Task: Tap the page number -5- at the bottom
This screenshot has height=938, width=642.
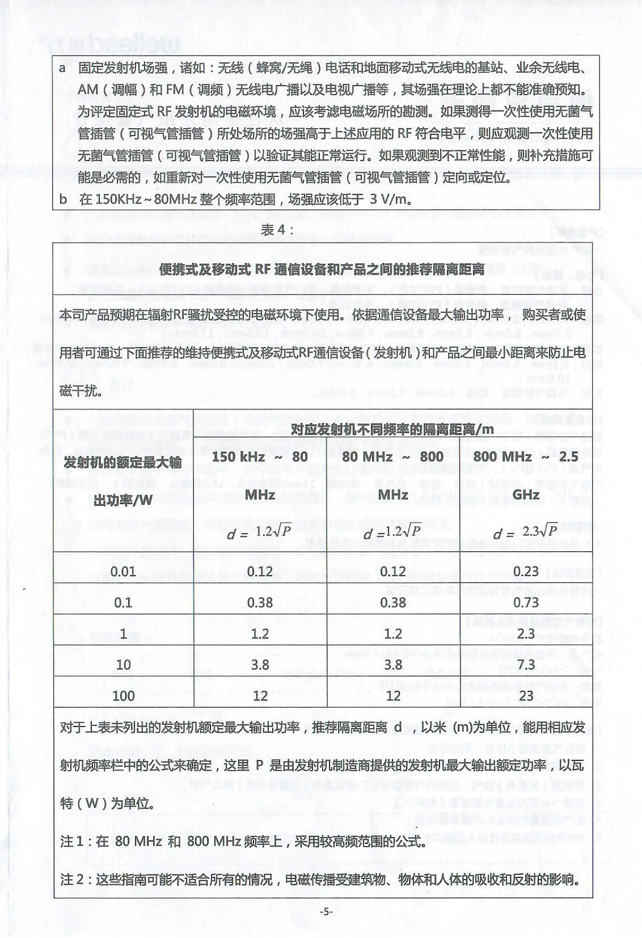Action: click(x=326, y=912)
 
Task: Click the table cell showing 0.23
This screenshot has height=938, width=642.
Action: click(x=526, y=571)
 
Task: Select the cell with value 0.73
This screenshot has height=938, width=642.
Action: click(x=526, y=602)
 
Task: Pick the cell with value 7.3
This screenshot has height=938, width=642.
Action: click(x=526, y=664)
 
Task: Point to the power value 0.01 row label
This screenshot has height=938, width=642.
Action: click(x=123, y=571)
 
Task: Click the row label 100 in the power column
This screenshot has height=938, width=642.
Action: click(x=123, y=695)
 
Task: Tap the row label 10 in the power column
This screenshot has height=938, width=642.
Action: click(x=123, y=664)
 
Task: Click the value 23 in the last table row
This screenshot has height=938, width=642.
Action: click(x=526, y=695)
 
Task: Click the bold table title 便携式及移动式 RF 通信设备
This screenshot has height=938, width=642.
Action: click(x=322, y=269)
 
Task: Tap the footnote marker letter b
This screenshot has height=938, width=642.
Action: click(x=63, y=199)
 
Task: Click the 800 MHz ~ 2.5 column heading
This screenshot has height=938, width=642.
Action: click(x=526, y=457)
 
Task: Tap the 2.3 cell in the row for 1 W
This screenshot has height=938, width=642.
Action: click(x=526, y=633)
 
